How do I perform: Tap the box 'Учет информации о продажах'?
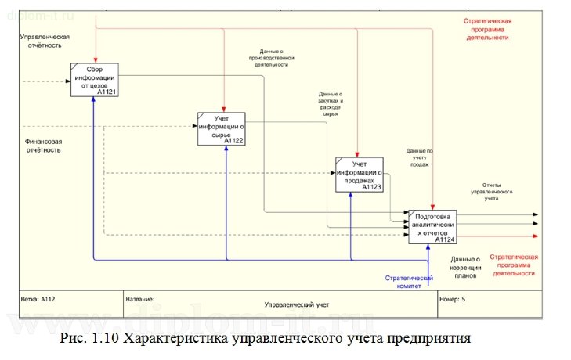click(x=360, y=174)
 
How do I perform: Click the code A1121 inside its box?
click(x=107, y=92)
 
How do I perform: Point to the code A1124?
click(x=444, y=239)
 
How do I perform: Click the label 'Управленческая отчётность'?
click(x=44, y=41)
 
